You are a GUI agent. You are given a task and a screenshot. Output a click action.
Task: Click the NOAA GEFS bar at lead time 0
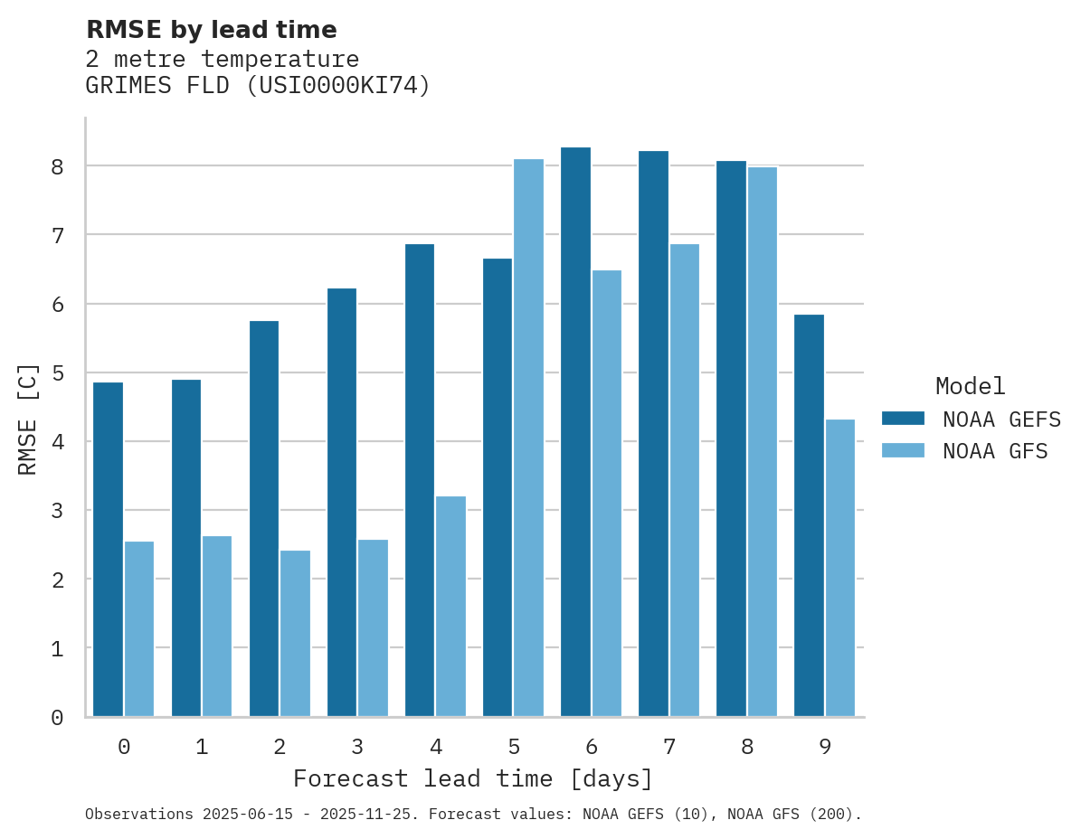[108, 550]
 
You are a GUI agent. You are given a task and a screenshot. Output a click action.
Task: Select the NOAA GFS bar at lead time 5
[528, 438]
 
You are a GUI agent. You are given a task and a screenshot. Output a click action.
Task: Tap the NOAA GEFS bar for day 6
[575, 432]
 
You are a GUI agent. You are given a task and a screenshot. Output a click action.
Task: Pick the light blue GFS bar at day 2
[295, 633]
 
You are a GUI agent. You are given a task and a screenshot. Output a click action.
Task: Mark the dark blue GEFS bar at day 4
[420, 480]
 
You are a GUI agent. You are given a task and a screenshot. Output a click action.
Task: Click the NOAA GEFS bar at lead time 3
[342, 502]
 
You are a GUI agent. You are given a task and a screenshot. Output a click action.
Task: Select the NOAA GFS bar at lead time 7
[684, 480]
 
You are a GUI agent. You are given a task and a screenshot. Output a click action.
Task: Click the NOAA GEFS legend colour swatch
[903, 419]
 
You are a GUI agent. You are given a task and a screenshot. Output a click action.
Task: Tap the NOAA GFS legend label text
[995, 451]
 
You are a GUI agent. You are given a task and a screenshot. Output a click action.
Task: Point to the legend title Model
[970, 386]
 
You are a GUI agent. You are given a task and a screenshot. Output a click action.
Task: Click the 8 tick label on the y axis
[57, 166]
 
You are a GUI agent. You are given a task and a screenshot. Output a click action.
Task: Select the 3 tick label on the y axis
[57, 511]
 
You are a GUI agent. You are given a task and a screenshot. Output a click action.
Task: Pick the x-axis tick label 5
[514, 747]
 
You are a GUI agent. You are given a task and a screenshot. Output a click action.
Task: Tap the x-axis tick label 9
[825, 747]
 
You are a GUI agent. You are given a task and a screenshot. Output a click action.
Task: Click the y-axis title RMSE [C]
[28, 419]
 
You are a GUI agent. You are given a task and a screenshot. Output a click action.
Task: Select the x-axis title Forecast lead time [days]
[473, 778]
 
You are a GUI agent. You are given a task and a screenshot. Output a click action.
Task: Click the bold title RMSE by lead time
[212, 30]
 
